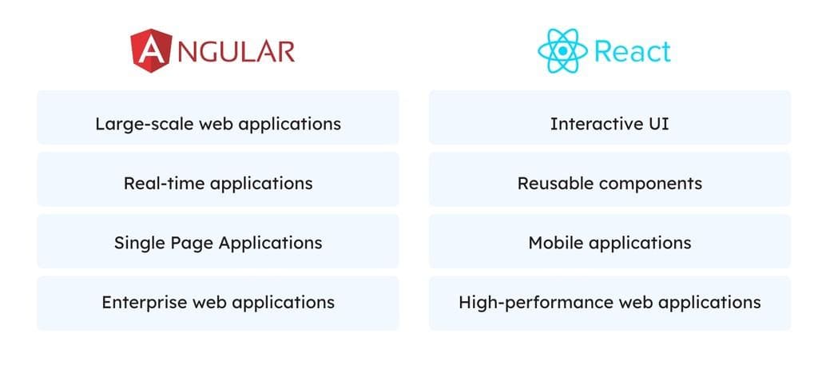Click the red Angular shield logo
point(151,50)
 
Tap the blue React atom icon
point(562,50)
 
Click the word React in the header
point(633,51)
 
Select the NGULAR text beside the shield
point(236,51)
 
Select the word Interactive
point(590,124)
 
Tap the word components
point(649,185)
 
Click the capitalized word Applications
point(270,244)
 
